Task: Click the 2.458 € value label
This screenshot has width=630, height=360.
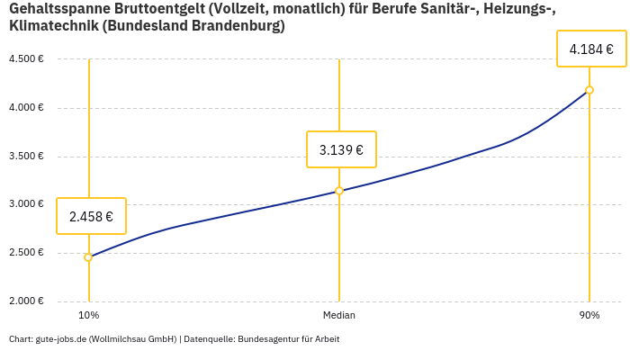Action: point(91,216)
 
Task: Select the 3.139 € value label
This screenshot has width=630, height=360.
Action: point(341,149)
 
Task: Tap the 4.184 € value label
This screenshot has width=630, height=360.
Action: point(591,49)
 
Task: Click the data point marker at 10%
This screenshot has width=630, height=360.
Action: point(88,257)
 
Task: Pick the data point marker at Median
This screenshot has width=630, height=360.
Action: point(339,191)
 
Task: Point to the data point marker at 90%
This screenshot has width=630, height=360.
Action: point(589,90)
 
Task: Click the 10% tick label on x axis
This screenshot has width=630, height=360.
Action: point(88,316)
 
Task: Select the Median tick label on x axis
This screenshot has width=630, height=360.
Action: point(339,316)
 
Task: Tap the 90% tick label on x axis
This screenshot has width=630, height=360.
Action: point(589,316)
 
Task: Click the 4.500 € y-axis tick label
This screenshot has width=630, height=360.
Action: point(26,59)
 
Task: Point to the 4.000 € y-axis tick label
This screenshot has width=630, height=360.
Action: point(26,108)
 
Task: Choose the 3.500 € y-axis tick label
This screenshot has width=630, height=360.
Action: point(26,157)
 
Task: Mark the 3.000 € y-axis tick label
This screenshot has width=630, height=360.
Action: point(26,204)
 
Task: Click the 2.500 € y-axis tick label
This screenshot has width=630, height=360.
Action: point(26,253)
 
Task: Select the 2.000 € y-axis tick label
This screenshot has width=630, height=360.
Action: point(26,301)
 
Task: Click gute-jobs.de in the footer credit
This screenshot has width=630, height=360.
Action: point(60,339)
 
